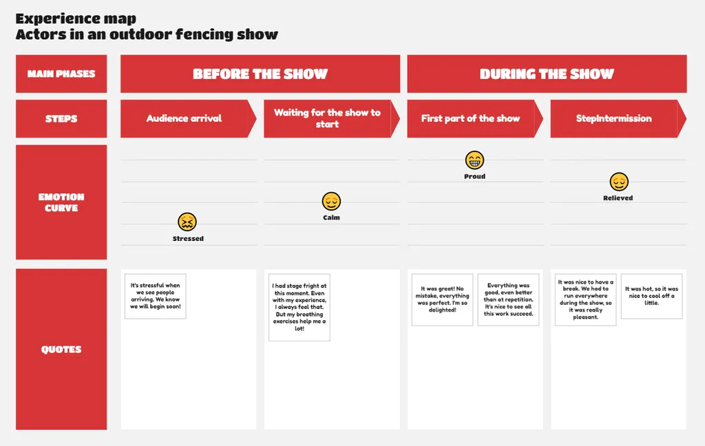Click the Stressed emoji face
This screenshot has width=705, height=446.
coord(187,222)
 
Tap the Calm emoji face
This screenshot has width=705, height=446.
coord(331,201)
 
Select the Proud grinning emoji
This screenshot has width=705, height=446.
coord(474,160)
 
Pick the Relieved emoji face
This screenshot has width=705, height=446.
coord(618,182)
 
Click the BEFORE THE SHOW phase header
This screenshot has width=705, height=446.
coord(260,74)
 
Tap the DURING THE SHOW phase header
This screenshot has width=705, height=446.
coord(547,74)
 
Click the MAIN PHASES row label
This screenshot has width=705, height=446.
coord(61,74)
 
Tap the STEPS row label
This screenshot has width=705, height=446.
coord(61,118)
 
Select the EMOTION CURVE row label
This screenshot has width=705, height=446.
coord(61,202)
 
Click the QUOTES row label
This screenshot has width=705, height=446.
coord(61,349)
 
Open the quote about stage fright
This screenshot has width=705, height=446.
coord(299,308)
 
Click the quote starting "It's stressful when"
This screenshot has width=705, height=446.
coord(156,297)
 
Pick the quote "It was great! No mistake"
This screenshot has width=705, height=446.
coord(442,300)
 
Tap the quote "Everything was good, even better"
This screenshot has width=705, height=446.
coord(508,300)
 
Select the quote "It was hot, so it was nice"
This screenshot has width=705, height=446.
coord(651,297)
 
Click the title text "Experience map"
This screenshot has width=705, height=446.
coord(76,19)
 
